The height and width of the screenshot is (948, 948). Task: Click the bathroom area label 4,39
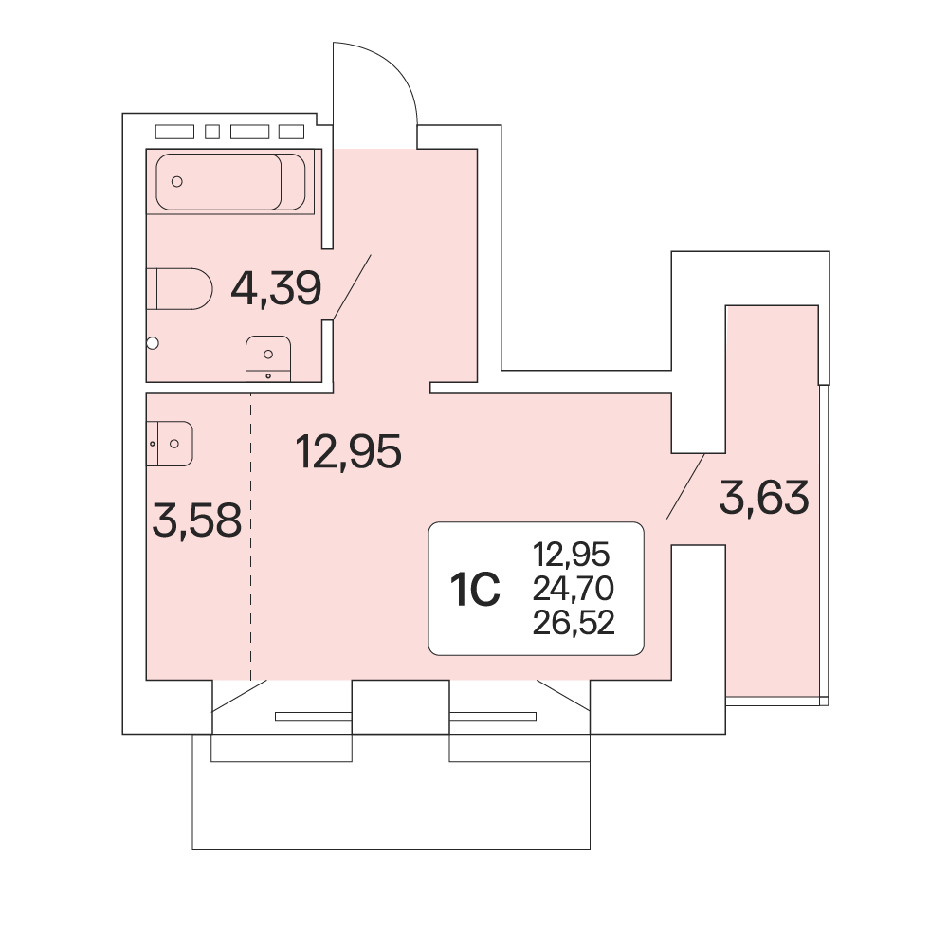(x=276, y=289)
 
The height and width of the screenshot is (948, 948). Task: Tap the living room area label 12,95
(x=348, y=451)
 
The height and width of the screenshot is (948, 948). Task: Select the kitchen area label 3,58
(x=197, y=520)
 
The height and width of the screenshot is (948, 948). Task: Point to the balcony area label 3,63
(x=763, y=497)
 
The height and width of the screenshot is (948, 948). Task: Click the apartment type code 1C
(x=475, y=590)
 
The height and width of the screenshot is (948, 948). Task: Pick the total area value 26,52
(x=574, y=622)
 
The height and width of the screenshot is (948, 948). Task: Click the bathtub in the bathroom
(x=230, y=181)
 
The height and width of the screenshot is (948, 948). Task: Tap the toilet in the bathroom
(x=179, y=289)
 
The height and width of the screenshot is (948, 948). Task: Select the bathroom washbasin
(x=268, y=358)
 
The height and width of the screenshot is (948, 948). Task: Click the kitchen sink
(x=170, y=444)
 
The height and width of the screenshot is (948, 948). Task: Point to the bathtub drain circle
(x=177, y=181)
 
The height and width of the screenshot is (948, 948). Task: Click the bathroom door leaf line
(x=352, y=287)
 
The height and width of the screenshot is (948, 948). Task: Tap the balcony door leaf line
(x=685, y=486)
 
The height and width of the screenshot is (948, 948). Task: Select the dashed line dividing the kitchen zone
(x=251, y=537)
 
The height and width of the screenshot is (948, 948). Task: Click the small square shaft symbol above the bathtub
(x=212, y=132)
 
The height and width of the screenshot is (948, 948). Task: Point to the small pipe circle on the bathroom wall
(x=153, y=343)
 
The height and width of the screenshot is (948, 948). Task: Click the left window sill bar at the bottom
(x=313, y=717)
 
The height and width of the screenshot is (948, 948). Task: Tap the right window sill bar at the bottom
(x=493, y=717)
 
